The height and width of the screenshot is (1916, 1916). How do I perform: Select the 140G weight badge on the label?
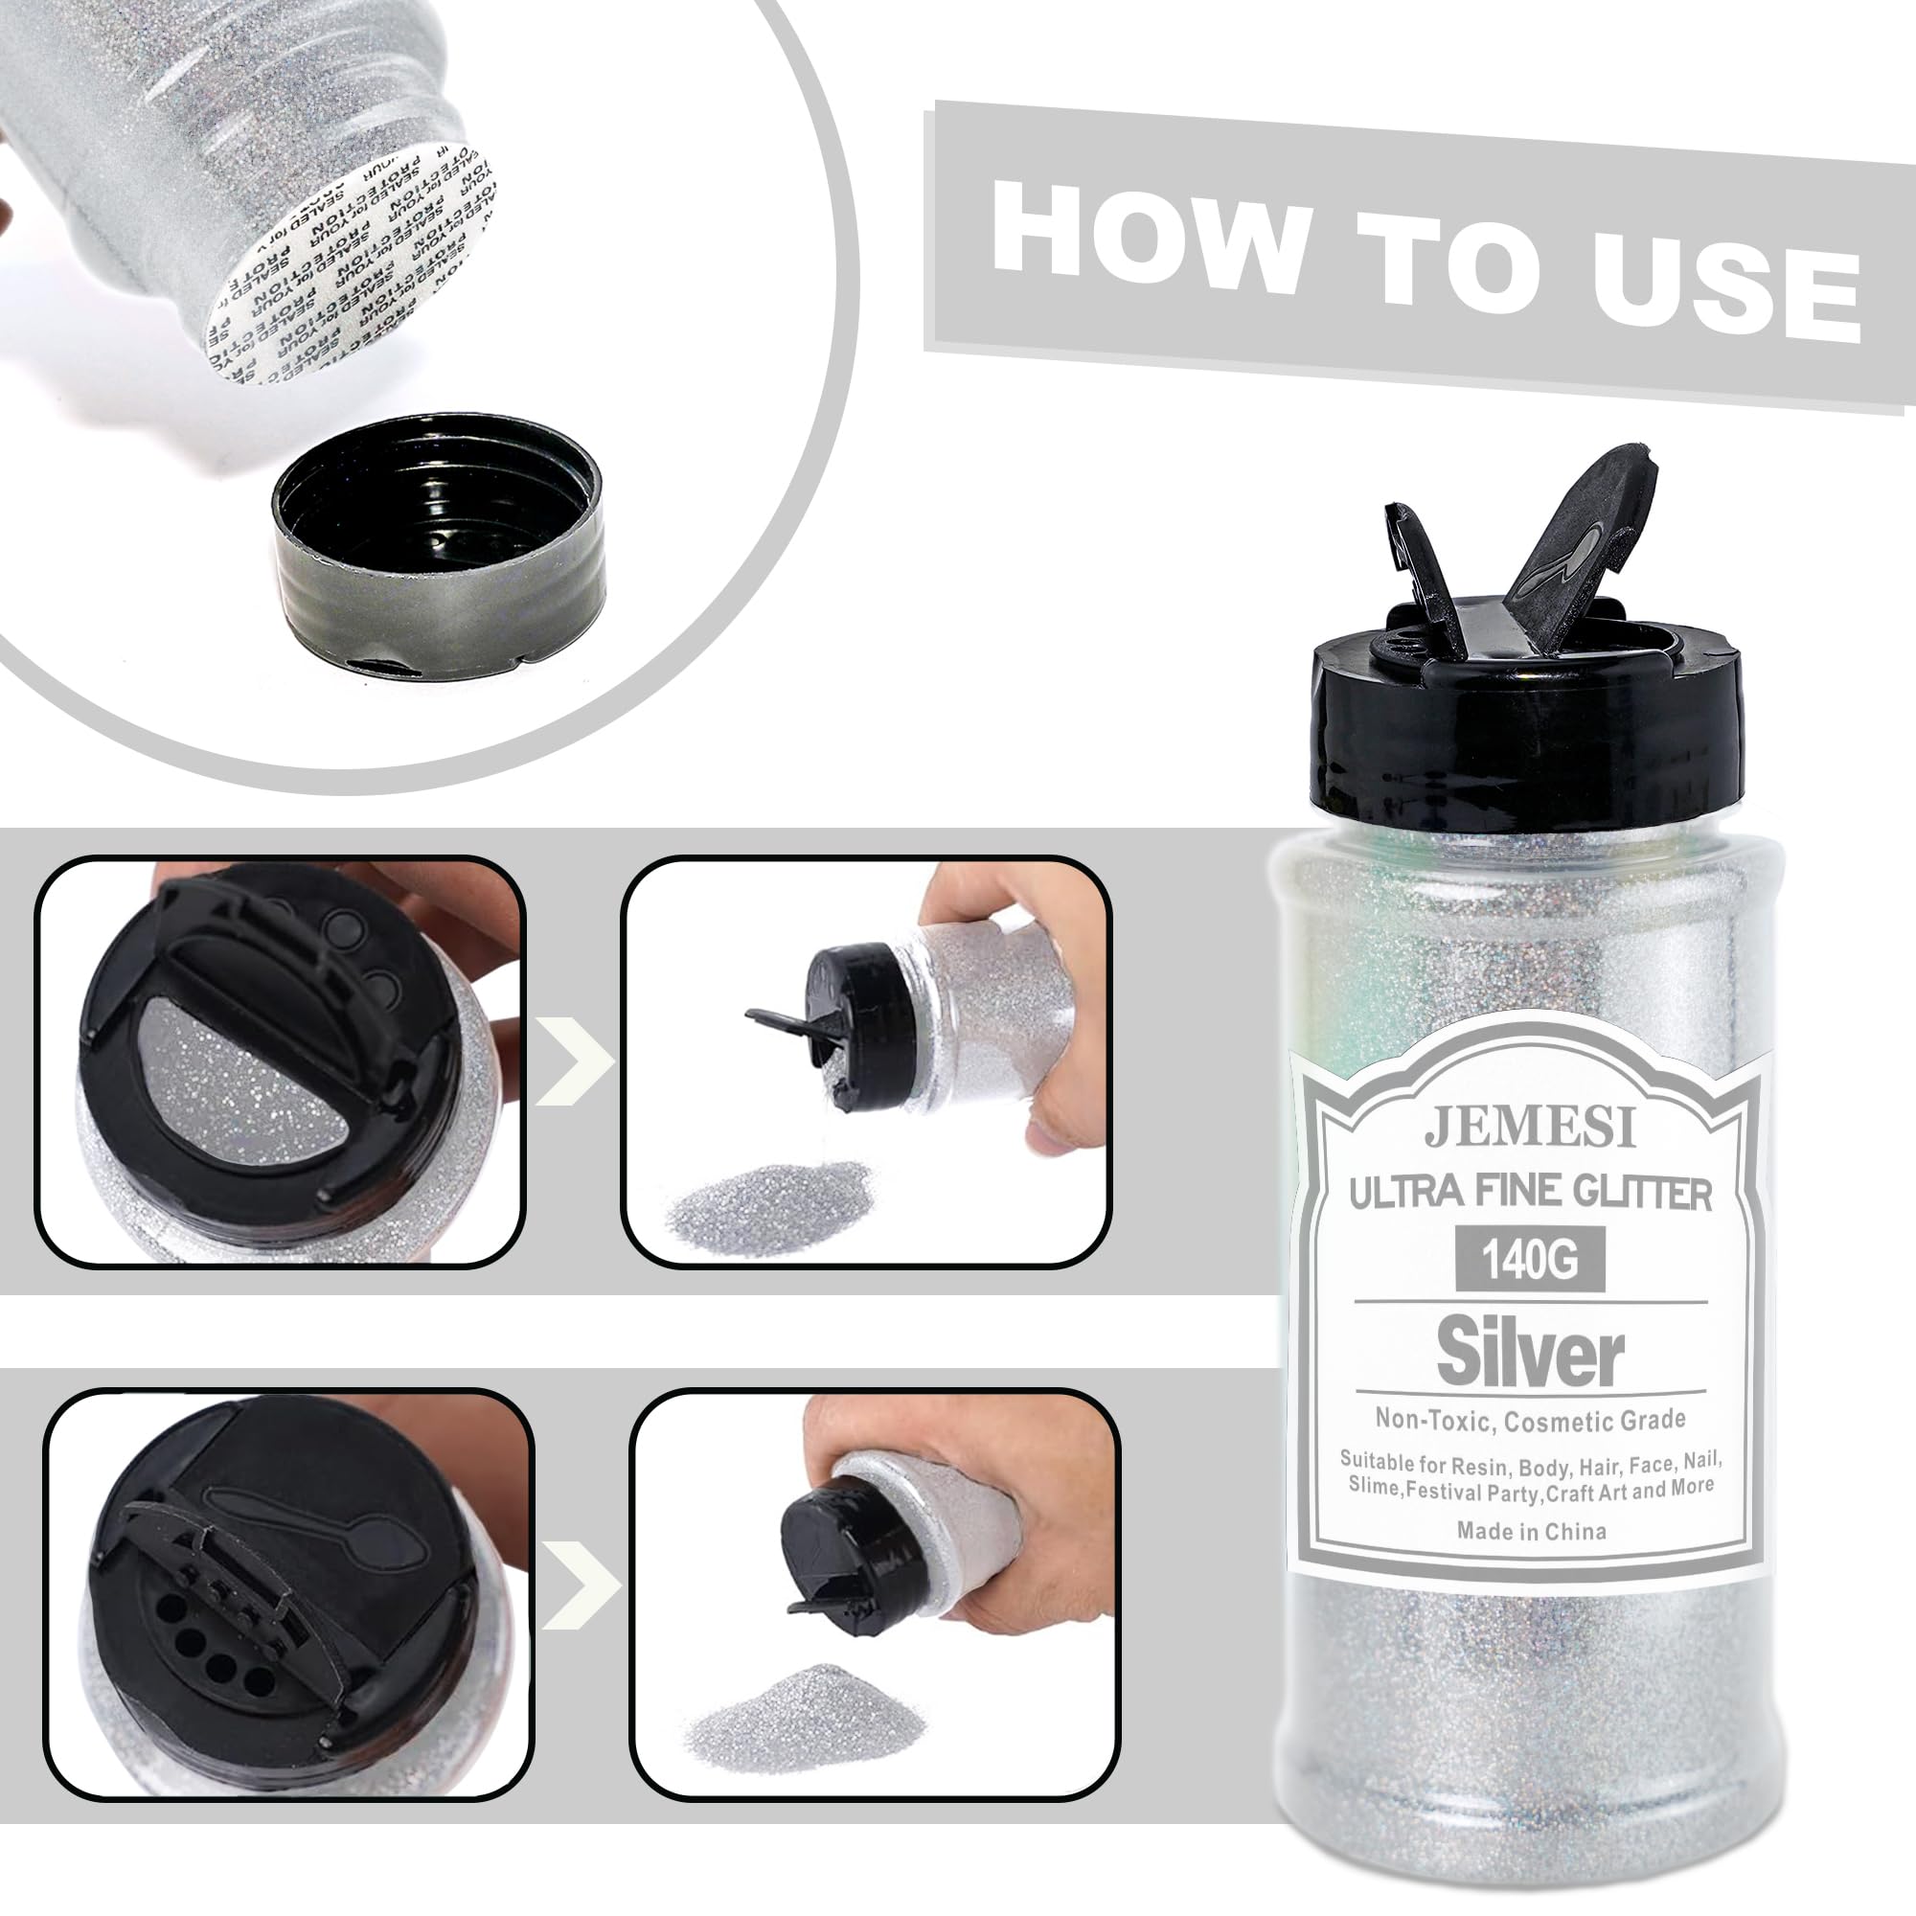point(1529,1261)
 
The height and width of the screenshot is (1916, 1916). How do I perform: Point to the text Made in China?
point(1531,1531)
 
